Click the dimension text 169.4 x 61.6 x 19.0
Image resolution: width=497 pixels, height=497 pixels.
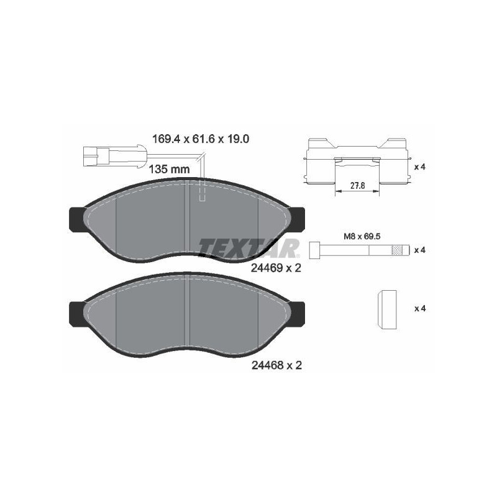click(201, 140)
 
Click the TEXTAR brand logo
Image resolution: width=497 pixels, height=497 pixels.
click(248, 247)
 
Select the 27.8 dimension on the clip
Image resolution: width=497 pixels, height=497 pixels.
click(357, 185)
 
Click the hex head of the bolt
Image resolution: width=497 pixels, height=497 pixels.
click(314, 250)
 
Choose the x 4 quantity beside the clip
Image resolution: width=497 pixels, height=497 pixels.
click(419, 167)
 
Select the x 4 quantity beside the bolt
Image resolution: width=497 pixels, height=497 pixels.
click(419, 250)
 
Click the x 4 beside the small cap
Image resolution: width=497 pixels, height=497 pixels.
click(419, 308)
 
